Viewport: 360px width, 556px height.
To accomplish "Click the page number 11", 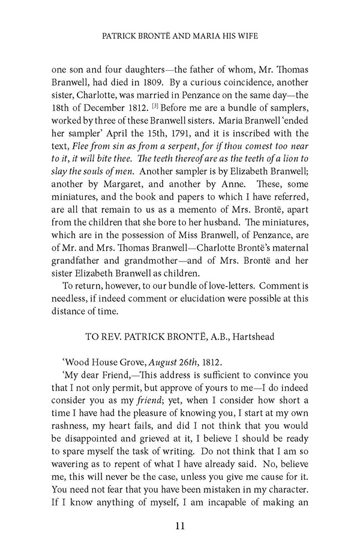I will [x=179, y=526].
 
